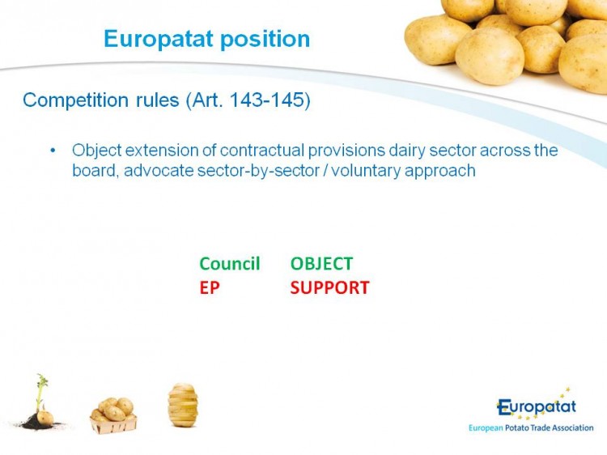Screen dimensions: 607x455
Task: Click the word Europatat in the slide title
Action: [x=159, y=39]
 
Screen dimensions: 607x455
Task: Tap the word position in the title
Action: [x=265, y=39]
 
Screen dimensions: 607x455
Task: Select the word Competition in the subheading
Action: [x=75, y=100]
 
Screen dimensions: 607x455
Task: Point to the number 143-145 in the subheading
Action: [x=267, y=100]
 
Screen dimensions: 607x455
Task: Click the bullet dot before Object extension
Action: [x=53, y=151]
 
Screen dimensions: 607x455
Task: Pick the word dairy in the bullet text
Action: [x=406, y=151]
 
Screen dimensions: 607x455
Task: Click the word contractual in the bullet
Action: [x=262, y=151]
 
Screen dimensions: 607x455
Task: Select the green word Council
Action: [x=230, y=264]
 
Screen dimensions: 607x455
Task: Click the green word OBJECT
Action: [x=321, y=264]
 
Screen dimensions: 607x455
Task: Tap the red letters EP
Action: [x=210, y=287]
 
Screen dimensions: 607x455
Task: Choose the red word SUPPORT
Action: [x=330, y=287]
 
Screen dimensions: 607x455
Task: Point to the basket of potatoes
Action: [x=113, y=415]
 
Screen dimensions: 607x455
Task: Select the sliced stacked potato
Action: [x=183, y=405]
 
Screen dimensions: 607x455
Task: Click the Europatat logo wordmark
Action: [x=537, y=406]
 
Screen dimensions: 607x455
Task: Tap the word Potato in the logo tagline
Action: [x=517, y=428]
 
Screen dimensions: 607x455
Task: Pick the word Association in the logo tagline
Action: [x=572, y=428]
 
